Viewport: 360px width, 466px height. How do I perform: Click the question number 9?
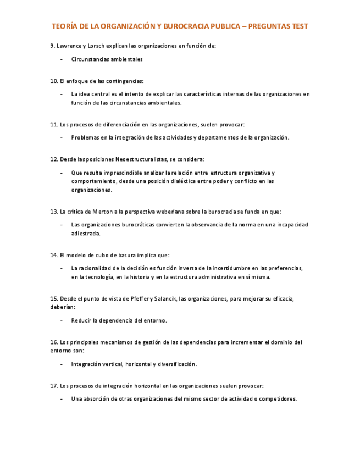point(52,46)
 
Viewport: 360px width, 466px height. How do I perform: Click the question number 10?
point(53,81)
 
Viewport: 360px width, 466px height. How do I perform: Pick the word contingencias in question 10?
point(124,81)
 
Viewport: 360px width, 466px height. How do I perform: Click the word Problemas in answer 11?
point(85,138)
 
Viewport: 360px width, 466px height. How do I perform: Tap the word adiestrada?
point(85,233)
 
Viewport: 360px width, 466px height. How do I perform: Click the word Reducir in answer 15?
point(81,320)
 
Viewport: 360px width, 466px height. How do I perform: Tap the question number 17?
point(53,386)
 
